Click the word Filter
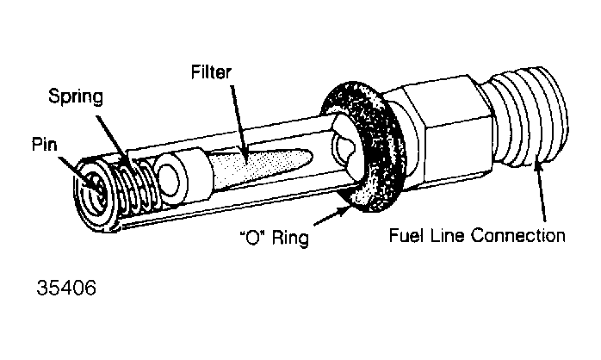point(211,72)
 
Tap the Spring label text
point(76,97)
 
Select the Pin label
point(45,145)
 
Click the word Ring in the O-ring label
point(290,238)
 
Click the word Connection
point(518,235)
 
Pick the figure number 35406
point(66,288)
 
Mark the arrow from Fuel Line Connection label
point(541,191)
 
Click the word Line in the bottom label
point(447,234)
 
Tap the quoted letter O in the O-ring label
point(253,239)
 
